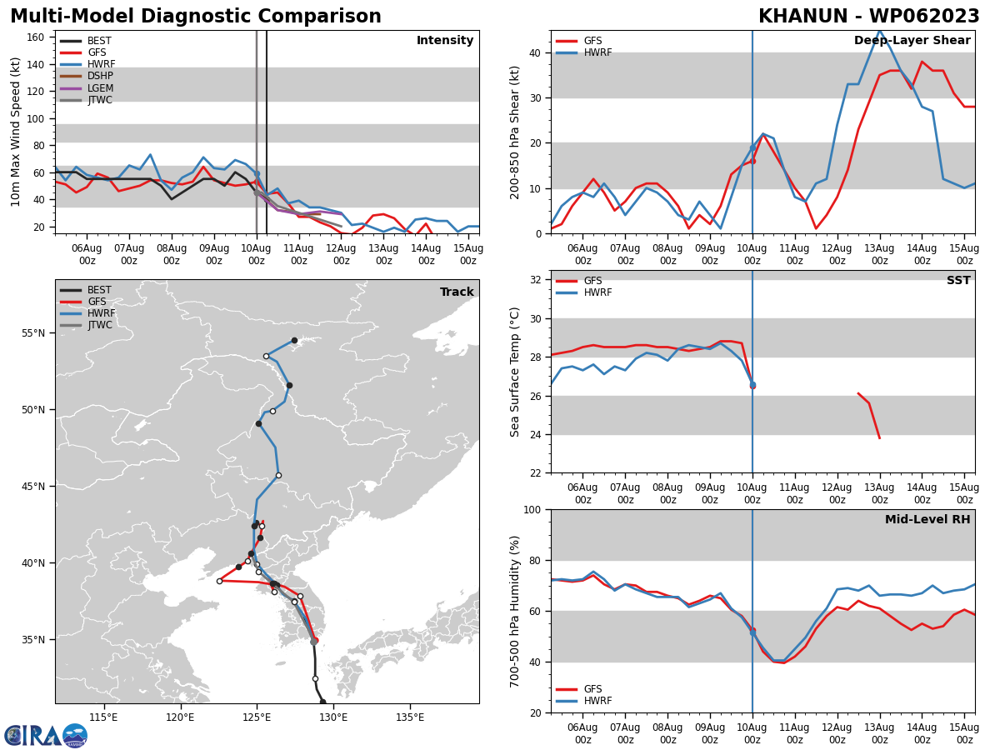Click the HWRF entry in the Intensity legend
click(101, 64)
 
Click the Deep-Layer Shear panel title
click(912, 41)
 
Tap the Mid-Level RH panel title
click(927, 520)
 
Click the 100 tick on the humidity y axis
click(532, 509)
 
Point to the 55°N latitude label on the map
click(34, 333)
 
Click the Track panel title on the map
click(457, 292)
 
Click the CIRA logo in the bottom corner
click(46, 735)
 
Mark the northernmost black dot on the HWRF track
click(294, 340)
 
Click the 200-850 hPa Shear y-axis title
click(516, 132)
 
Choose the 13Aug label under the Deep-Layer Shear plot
click(879, 249)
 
